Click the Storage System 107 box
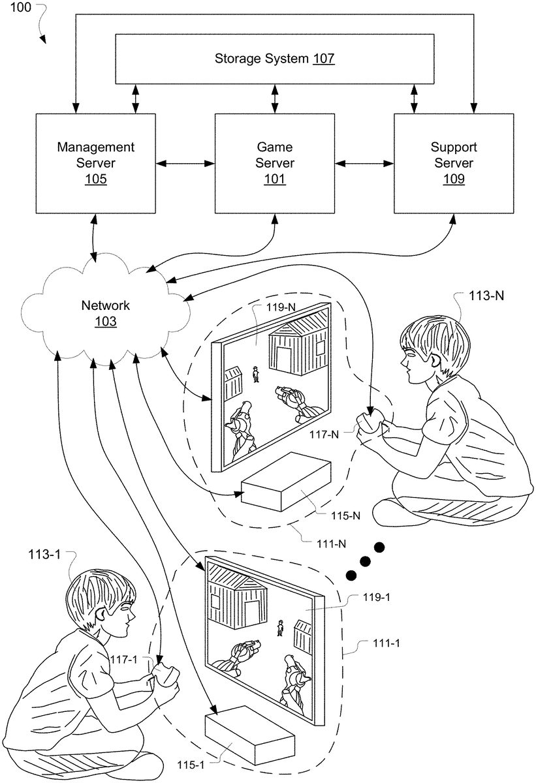275,59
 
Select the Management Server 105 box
96,162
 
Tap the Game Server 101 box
275,162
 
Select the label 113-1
44,555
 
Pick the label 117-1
123,660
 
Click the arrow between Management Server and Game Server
185,162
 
